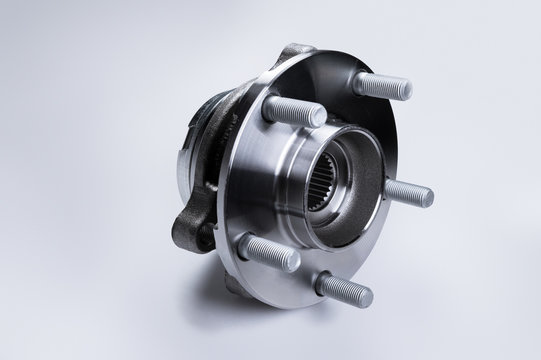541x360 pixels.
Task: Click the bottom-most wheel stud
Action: tap(344, 289)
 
